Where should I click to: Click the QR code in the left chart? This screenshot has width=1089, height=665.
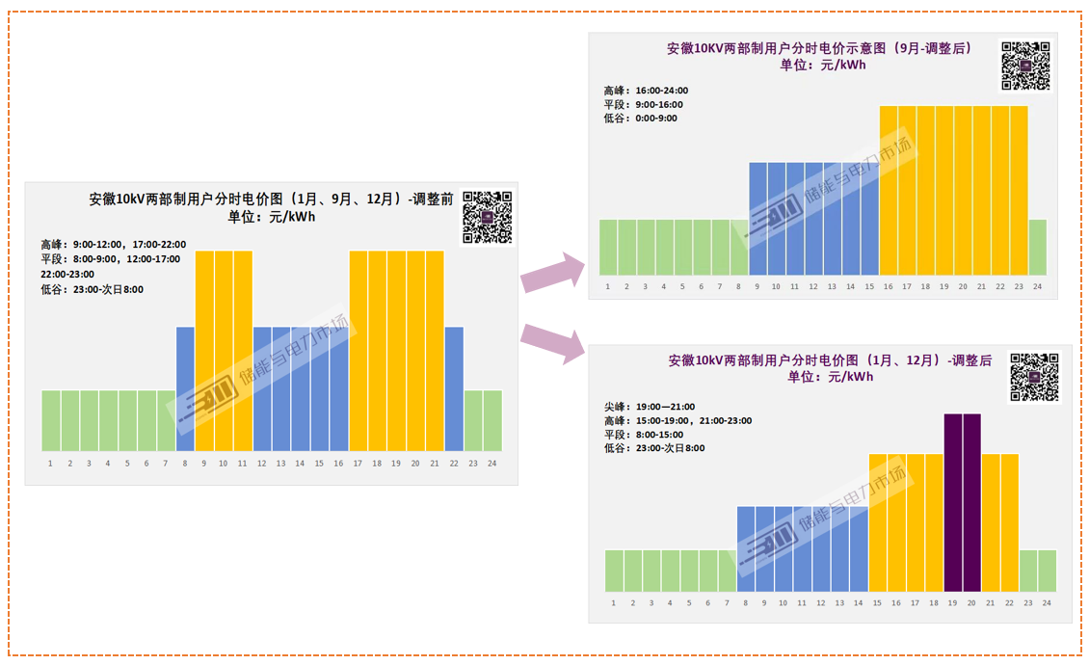(x=488, y=218)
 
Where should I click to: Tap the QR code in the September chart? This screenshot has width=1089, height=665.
(x=1025, y=66)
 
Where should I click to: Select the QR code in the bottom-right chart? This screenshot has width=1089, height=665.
(x=1035, y=378)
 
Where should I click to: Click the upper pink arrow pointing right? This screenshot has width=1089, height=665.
(x=553, y=272)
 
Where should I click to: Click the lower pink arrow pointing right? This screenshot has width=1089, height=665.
(x=553, y=343)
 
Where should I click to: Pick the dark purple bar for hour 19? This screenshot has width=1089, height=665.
(x=953, y=503)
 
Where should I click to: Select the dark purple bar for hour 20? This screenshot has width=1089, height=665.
(x=971, y=503)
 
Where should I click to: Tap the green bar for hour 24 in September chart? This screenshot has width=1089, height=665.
(x=1038, y=248)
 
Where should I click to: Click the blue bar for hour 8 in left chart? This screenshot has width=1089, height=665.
(x=185, y=389)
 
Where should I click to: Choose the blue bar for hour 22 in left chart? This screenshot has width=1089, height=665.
(x=454, y=389)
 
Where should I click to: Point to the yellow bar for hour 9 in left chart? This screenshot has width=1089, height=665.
(x=205, y=351)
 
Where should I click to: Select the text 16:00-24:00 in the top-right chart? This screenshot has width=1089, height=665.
(x=662, y=91)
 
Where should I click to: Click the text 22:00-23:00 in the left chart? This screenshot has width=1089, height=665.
(x=67, y=275)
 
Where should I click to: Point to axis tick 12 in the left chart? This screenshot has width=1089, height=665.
(x=262, y=464)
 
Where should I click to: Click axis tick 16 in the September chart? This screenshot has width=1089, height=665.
(x=889, y=286)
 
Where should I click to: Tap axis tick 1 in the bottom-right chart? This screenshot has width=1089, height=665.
(x=614, y=603)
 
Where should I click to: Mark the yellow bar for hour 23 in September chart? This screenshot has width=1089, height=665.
(x=1019, y=191)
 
